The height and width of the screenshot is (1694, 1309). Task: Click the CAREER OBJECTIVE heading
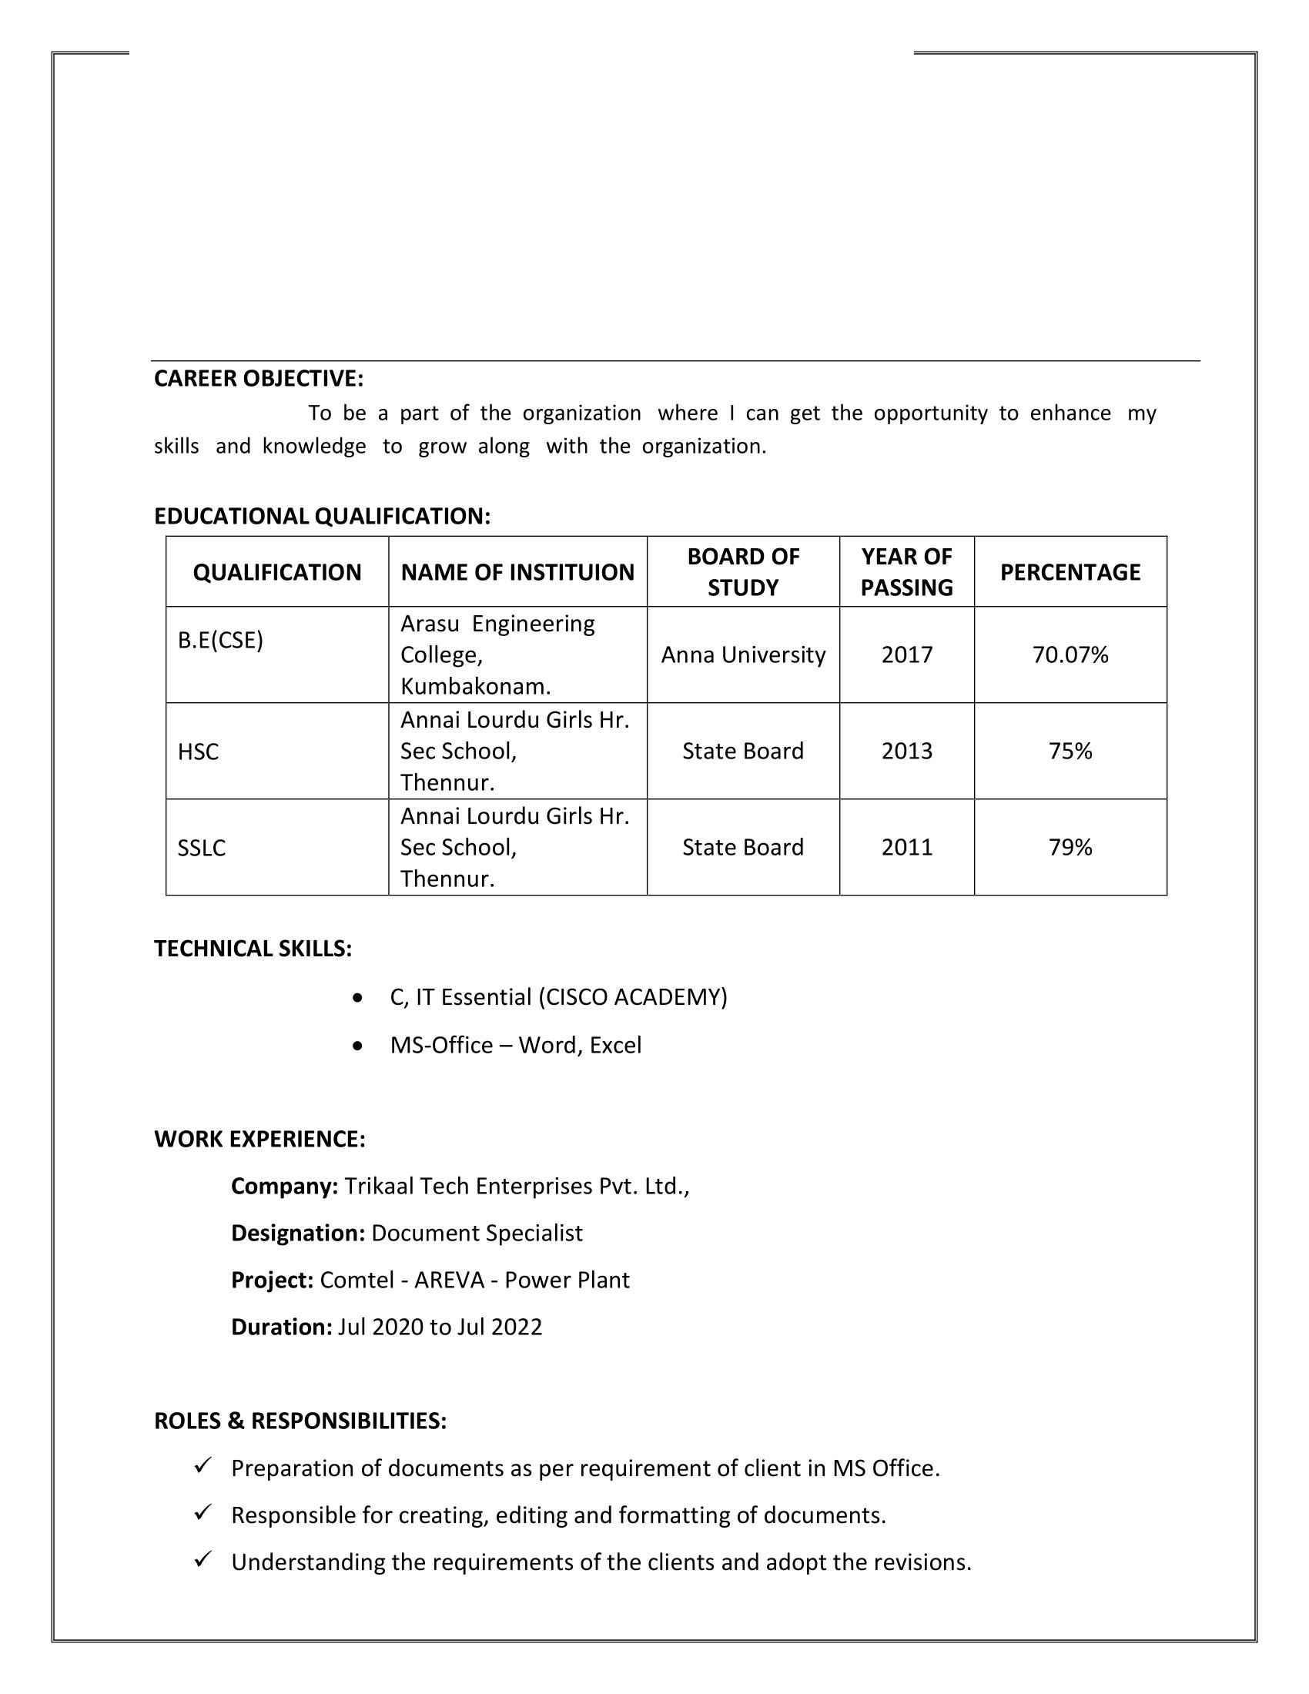click(x=258, y=379)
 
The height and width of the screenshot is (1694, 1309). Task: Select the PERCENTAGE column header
click(x=1070, y=571)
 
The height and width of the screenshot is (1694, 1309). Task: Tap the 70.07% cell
click(x=1070, y=654)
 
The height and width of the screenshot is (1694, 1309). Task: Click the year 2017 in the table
click(x=906, y=654)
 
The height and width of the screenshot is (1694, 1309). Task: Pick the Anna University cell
click(x=743, y=654)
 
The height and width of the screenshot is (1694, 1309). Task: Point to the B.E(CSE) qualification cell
click(x=220, y=640)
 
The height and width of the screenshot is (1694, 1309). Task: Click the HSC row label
click(x=198, y=752)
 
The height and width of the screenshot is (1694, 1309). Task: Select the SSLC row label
click(x=201, y=848)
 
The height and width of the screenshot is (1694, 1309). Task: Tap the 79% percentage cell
click(x=1070, y=847)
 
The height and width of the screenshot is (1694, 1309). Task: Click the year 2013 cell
click(x=906, y=751)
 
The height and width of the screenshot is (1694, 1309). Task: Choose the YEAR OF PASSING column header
click(x=906, y=571)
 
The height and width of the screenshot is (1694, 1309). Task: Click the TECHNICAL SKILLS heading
click(x=253, y=949)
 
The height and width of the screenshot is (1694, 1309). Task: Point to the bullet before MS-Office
click(x=357, y=1046)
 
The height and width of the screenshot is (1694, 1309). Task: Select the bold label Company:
click(x=284, y=1186)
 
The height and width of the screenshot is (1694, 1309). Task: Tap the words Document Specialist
click(x=477, y=1234)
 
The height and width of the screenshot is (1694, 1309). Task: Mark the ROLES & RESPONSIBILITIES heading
click(x=300, y=1421)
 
